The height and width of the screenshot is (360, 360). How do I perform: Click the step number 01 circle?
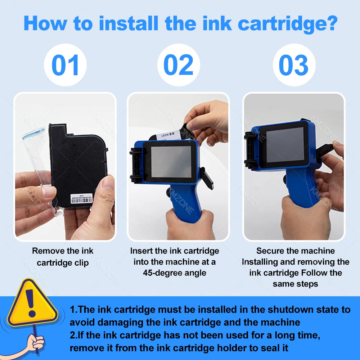[65, 65]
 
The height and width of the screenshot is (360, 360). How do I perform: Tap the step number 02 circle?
[179, 65]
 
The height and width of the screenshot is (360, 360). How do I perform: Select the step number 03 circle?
[294, 65]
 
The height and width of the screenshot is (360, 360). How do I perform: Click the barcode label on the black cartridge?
[81, 199]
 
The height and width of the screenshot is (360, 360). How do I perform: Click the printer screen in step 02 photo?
[171, 162]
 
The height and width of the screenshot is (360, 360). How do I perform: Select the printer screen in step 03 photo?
[285, 145]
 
